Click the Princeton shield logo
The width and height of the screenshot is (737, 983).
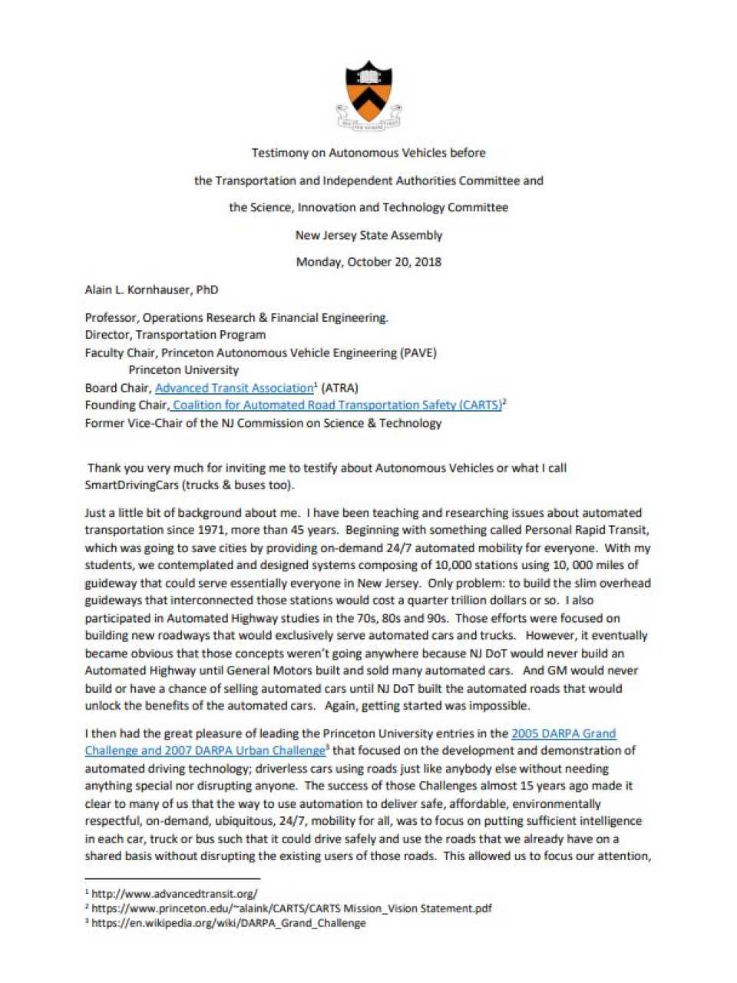368,94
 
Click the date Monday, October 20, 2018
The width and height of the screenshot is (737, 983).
368,262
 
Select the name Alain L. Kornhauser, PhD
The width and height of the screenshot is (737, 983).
151,290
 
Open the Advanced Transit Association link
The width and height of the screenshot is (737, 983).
234,388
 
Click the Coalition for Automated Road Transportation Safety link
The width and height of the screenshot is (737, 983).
337,405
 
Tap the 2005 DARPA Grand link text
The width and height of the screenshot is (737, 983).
563,733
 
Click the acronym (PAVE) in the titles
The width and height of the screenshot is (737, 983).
419,352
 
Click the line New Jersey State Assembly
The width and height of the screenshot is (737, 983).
368,235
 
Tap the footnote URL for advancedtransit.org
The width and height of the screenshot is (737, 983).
174,894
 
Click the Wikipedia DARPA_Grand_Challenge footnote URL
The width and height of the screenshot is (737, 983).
228,923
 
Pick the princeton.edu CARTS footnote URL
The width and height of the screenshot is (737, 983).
292,909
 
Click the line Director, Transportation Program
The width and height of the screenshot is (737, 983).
175,335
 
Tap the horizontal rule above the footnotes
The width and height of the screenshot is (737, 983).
172,878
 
